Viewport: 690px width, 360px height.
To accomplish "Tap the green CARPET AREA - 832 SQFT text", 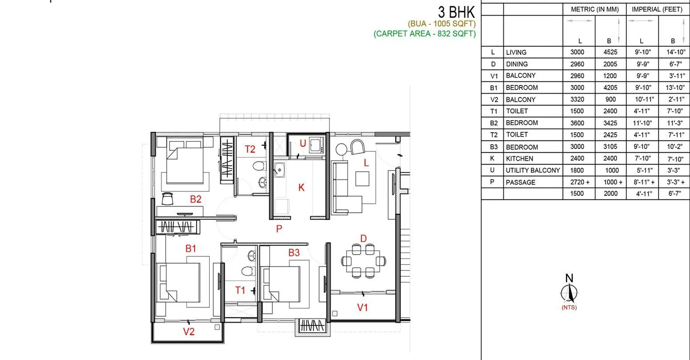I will coord(425,33).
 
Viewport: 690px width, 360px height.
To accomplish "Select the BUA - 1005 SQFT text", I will coord(442,24).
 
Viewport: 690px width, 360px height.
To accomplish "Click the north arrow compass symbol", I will coord(569,291).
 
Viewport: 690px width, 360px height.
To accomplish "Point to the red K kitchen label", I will coord(301,188).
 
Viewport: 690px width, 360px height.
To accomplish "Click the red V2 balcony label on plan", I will coord(189,332).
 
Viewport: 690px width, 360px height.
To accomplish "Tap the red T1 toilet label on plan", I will coord(240,291).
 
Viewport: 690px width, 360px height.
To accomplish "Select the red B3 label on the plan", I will coord(293,253).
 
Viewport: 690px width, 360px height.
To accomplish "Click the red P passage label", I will coord(279,229).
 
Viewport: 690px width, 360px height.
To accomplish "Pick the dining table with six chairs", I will coord(363,260).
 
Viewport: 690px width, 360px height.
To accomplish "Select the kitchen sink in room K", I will coord(280,170).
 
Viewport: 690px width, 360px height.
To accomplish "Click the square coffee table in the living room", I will coord(362,179).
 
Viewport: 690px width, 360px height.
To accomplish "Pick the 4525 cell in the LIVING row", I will coord(610,52).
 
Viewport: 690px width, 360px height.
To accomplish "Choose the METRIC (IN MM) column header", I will coord(595,9).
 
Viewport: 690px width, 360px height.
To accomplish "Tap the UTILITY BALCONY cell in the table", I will coord(532,170).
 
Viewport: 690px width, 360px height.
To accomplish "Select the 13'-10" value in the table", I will coord(674,88).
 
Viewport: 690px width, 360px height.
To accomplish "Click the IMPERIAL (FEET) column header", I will coord(657,9).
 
